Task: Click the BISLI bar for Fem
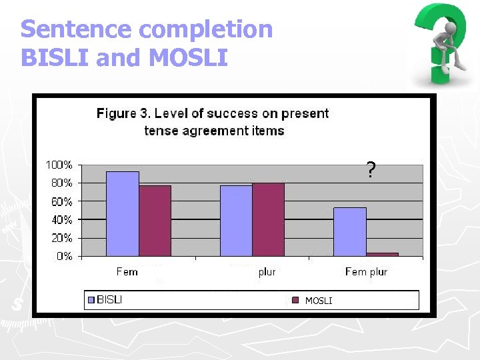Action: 123,213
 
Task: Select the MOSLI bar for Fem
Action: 155,221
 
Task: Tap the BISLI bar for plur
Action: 236,221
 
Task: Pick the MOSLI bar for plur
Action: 268,219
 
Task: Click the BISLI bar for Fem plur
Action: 350,231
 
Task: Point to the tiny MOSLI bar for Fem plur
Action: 382,254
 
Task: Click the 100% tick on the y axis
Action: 59,164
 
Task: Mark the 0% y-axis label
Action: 64,256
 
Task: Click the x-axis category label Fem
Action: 127,271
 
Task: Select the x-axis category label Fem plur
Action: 366,271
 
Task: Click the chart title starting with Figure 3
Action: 213,122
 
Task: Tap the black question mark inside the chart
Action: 371,171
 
